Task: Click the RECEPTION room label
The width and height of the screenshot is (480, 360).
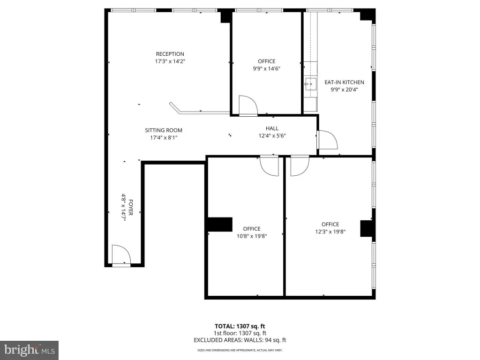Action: click(170, 54)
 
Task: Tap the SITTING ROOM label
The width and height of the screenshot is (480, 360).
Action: click(164, 130)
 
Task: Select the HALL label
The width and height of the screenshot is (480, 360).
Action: click(272, 128)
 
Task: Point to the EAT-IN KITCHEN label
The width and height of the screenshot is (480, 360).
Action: click(344, 82)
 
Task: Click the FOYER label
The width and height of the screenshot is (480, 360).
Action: click(131, 207)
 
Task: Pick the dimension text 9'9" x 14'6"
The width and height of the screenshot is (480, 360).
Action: click(266, 68)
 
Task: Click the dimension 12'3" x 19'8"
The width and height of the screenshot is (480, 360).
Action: click(330, 232)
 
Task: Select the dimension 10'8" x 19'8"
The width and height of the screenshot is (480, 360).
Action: click(252, 236)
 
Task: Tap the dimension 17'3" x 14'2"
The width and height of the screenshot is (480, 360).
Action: click(170, 61)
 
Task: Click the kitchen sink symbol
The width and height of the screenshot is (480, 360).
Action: click(310, 84)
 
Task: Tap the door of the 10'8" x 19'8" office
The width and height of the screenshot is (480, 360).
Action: click(270, 166)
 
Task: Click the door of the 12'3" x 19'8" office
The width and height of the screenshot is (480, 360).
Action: click(300, 166)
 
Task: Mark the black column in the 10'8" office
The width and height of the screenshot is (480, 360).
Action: click(220, 225)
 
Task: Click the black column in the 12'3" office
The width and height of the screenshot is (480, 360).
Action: click(367, 228)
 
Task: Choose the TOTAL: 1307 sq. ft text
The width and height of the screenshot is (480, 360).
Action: click(240, 326)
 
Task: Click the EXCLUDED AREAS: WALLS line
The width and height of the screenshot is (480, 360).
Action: click(240, 340)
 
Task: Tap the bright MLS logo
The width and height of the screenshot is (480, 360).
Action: click(29, 350)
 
